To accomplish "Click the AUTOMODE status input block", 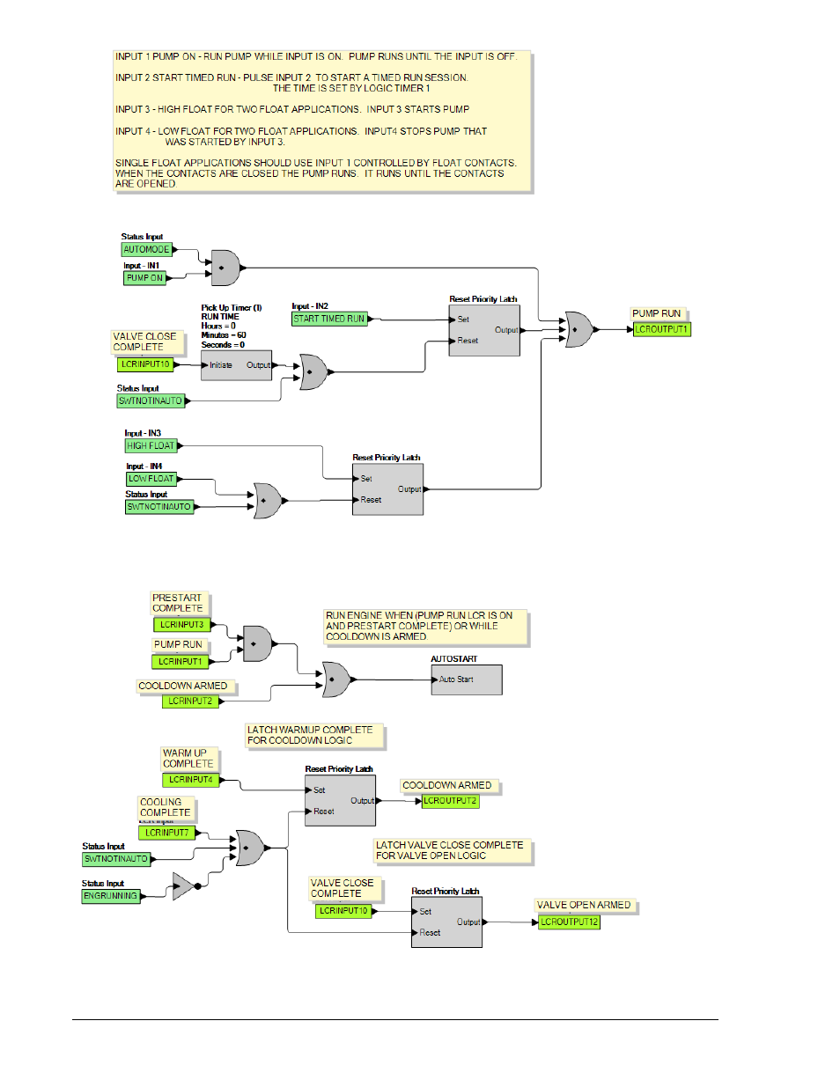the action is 146,249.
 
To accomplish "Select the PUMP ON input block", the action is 144,278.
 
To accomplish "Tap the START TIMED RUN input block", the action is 329,319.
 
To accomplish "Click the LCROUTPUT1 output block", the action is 661,330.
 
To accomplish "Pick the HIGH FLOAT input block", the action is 151,445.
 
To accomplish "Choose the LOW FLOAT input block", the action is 151,479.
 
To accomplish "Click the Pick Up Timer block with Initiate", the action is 236,365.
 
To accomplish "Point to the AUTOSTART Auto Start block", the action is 467,679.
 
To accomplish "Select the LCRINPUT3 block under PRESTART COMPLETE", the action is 182,625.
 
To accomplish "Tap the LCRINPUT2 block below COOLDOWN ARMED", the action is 190,701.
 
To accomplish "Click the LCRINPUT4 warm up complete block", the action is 190,779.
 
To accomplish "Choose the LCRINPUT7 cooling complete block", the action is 166,833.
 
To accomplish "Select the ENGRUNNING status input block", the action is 111,895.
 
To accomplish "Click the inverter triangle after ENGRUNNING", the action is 184,886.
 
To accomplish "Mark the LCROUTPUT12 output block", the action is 569,922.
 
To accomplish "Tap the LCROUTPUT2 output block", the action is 450,801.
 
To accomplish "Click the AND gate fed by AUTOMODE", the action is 225,268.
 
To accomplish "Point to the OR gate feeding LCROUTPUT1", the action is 578,330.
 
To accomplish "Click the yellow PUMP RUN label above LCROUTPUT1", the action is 656,313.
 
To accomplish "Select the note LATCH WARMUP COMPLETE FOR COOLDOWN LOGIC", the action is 314,735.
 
